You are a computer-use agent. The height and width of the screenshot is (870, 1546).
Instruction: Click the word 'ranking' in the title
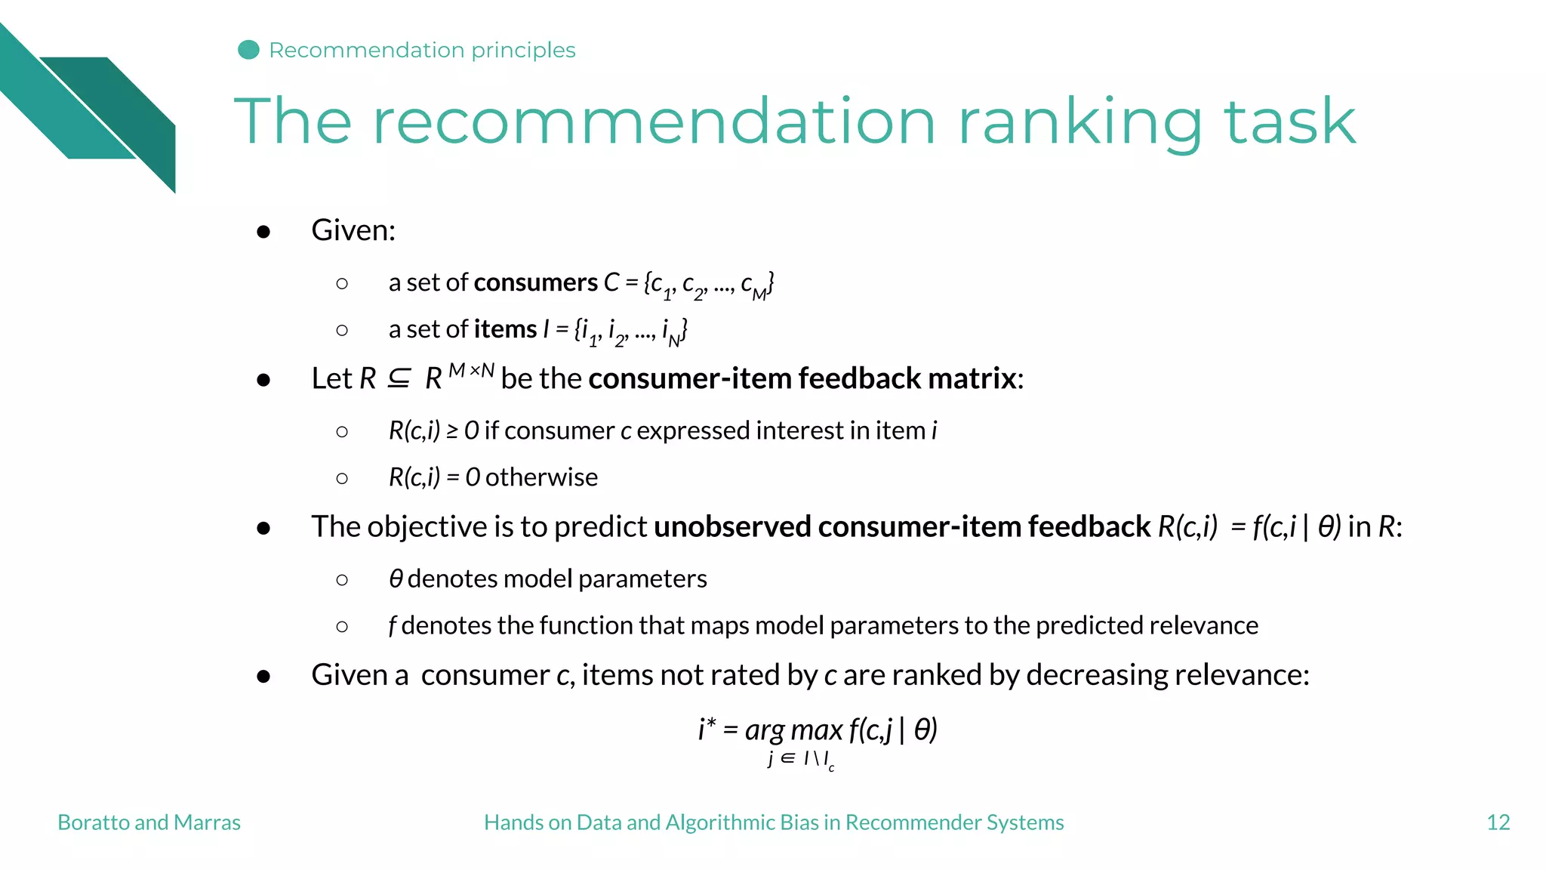point(1079,122)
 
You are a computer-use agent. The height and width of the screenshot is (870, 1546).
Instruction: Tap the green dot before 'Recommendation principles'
point(248,50)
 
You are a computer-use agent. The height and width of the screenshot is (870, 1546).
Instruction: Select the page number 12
point(1498,822)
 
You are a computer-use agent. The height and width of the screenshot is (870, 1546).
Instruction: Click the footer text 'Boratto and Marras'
point(149,822)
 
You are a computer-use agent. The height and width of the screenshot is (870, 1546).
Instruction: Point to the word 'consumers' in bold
point(535,282)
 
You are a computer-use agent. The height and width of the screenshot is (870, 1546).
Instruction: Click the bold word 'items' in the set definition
point(504,329)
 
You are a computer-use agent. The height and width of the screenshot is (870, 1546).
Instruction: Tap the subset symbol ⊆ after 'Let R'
point(399,378)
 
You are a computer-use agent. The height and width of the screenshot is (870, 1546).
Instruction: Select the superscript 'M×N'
point(471,370)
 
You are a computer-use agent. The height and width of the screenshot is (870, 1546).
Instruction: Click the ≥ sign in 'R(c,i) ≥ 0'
point(451,431)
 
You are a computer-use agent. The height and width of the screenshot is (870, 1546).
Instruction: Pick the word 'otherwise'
point(541,477)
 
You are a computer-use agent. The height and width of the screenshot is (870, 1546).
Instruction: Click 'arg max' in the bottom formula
point(793,730)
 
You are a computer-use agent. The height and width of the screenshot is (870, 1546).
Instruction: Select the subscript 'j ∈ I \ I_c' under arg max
point(800,759)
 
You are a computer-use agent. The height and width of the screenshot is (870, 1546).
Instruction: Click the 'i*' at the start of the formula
point(707,729)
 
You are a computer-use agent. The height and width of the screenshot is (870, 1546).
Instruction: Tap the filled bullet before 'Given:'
point(263,231)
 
